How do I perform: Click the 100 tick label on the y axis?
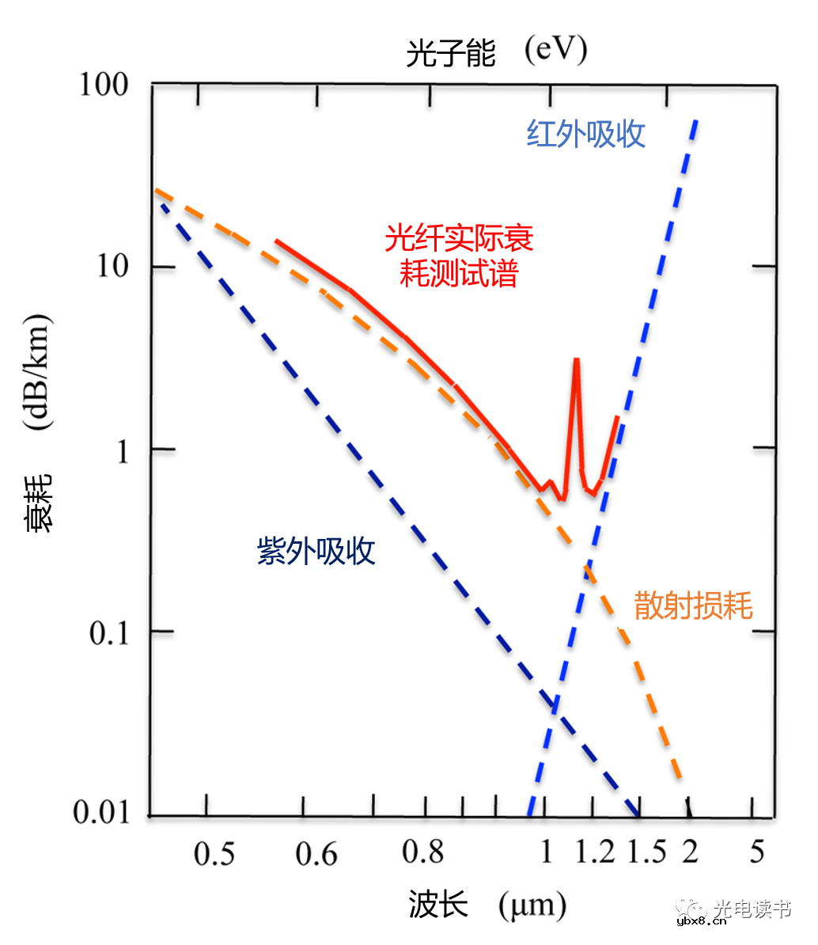coord(104,85)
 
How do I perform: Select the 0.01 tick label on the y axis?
coord(100,813)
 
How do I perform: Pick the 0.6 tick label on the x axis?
coord(316,854)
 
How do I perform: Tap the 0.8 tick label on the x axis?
coord(422,852)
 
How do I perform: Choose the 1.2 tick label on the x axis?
coord(595,852)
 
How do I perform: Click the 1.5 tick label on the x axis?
coord(647,852)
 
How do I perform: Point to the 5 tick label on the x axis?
coord(757,852)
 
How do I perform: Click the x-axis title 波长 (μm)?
coord(487,905)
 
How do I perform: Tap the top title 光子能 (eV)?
coord(496,52)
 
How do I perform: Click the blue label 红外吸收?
coord(586,135)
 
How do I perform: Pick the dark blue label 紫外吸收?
coord(316,552)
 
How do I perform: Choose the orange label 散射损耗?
coord(693,605)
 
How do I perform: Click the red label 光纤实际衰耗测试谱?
coord(459,255)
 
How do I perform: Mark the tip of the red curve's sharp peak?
coord(577,359)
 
